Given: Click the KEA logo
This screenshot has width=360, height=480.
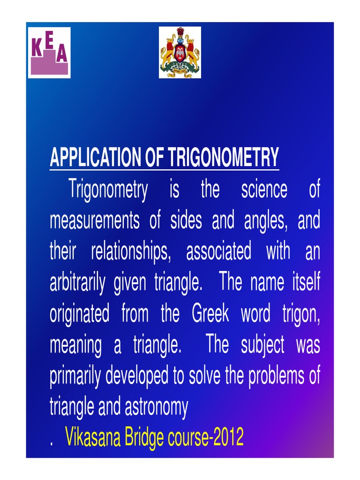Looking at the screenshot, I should pos(49,52).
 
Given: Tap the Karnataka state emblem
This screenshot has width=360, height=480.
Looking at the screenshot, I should pos(180,52).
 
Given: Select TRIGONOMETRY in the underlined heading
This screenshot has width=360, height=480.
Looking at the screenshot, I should pos(224,157).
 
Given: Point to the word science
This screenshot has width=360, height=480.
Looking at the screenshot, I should pos(264,190).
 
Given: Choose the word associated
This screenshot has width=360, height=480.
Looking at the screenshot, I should pos(218,252).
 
